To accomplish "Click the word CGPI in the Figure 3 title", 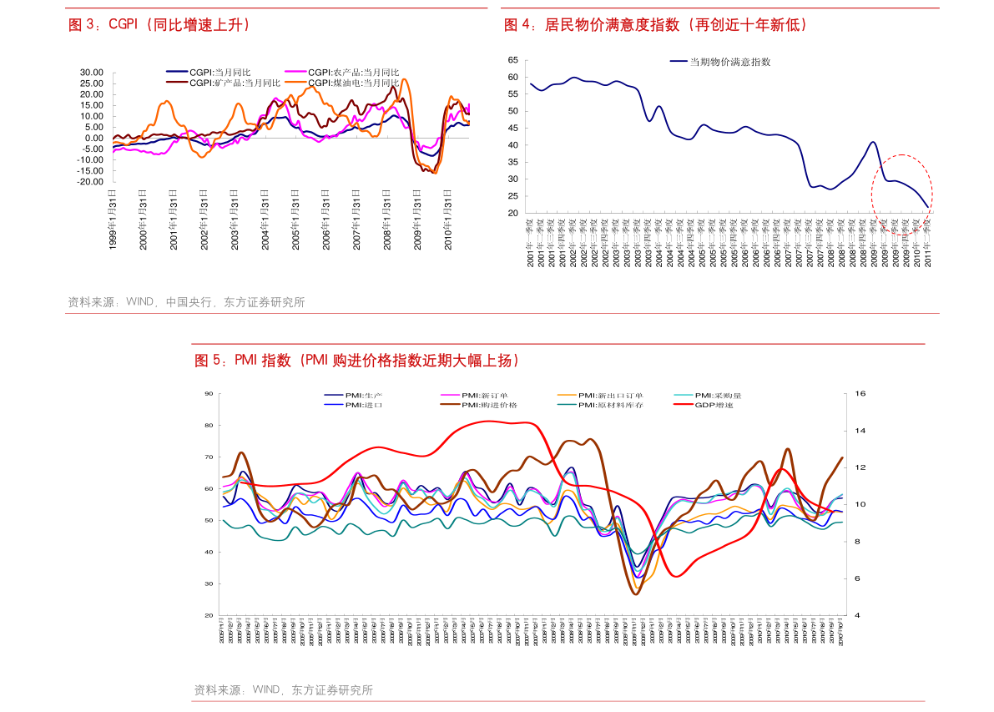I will click(x=123, y=25).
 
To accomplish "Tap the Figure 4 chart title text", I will click(x=656, y=25).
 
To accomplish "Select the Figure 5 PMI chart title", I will click(x=357, y=361).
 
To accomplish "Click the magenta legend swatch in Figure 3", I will click(x=295, y=72).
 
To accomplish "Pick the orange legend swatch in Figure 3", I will click(x=295, y=82).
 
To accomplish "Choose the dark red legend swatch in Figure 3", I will click(x=176, y=82).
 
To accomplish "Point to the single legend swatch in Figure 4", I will click(x=679, y=61).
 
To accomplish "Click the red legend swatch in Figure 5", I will click(x=684, y=404).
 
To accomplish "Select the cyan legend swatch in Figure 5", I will click(x=684, y=395).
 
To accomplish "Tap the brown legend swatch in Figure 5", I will click(x=450, y=404).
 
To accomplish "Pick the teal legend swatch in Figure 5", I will click(x=567, y=404).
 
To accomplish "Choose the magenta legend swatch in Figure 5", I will click(x=450, y=395).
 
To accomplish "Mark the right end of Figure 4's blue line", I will click(x=928, y=206).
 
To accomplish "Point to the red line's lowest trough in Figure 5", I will click(x=677, y=575).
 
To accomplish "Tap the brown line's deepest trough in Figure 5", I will click(x=636, y=593).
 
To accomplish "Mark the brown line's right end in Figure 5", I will click(x=842, y=457).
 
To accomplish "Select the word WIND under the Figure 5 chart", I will click(x=266, y=690).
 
